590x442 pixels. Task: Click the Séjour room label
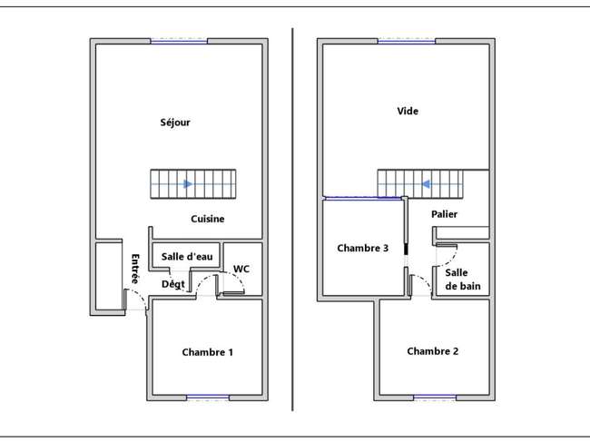tap(175, 123)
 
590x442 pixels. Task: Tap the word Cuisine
tap(207, 219)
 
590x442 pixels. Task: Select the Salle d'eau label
tap(187, 257)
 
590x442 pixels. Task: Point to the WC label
tap(241, 269)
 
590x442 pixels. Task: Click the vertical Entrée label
tap(135, 269)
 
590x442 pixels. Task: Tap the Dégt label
tap(173, 284)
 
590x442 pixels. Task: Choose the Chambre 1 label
tap(207, 352)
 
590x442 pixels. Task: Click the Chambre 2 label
tap(433, 351)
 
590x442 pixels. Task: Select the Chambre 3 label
tap(363, 248)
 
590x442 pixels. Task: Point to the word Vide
tap(408, 111)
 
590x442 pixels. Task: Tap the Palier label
tap(445, 214)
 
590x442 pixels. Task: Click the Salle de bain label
tap(463, 280)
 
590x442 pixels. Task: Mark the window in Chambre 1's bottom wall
tap(208, 398)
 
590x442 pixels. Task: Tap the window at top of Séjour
tap(179, 41)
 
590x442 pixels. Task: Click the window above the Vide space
tap(407, 41)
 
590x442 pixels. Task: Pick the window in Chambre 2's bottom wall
tap(435, 398)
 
